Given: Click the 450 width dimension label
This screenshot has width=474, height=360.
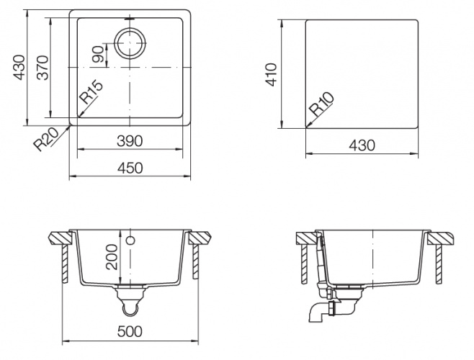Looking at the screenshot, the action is click(130, 168).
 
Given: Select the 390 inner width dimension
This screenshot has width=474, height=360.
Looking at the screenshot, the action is click(130, 141).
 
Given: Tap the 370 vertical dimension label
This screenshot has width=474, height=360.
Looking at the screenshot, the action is click(43, 68).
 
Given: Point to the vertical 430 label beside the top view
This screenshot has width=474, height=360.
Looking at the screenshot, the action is click(19, 68).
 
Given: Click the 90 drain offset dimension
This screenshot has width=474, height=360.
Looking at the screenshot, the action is click(98, 55).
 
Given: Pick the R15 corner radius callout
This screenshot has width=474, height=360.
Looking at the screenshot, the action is click(91, 92).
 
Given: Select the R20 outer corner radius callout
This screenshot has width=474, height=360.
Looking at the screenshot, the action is click(46, 140).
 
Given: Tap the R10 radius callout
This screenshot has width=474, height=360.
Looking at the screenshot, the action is click(323, 104).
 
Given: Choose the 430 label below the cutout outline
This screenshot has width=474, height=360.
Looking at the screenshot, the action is click(362, 145).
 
